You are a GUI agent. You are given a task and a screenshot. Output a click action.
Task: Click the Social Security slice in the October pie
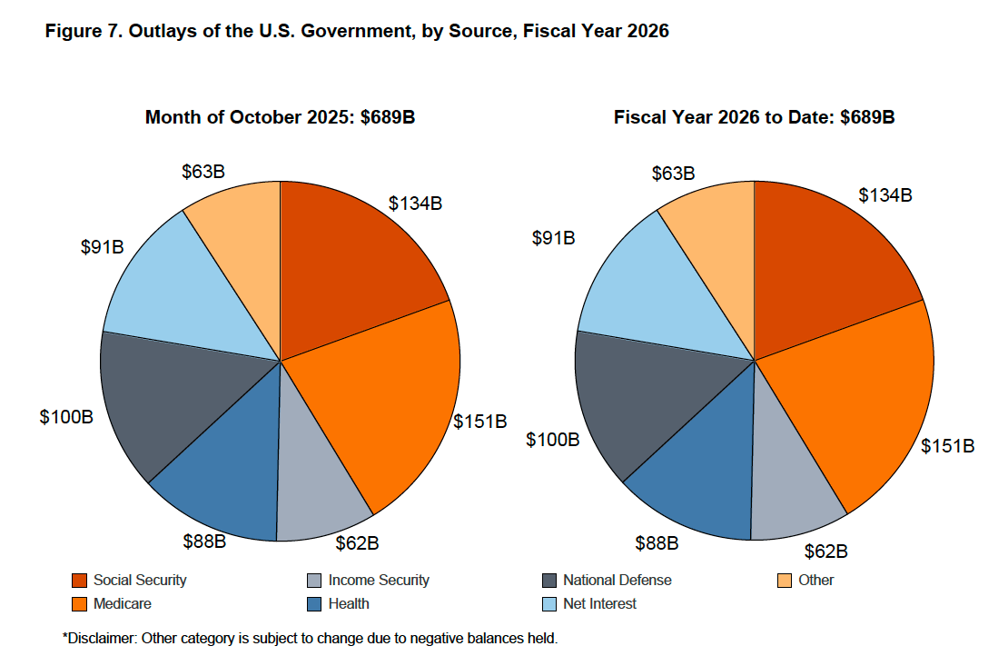click(354, 263)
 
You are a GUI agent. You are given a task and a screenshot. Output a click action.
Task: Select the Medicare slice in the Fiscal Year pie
click(854, 400)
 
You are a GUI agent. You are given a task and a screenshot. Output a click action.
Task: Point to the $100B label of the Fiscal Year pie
click(553, 440)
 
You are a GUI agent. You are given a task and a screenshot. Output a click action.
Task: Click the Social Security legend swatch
click(79, 580)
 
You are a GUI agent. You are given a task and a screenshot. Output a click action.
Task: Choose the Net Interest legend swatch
click(548, 603)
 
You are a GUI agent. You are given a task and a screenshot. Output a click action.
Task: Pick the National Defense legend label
click(617, 580)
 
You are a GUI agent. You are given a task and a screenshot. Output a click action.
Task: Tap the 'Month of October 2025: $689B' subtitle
click(280, 117)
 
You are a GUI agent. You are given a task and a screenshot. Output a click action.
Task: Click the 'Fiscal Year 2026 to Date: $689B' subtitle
click(754, 117)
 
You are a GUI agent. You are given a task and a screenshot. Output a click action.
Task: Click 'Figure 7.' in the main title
click(83, 32)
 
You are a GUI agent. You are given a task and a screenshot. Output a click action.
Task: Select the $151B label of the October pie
click(480, 422)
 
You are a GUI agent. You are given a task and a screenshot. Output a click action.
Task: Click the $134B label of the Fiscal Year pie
click(884, 194)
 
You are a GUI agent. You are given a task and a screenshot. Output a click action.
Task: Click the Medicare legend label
click(122, 603)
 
